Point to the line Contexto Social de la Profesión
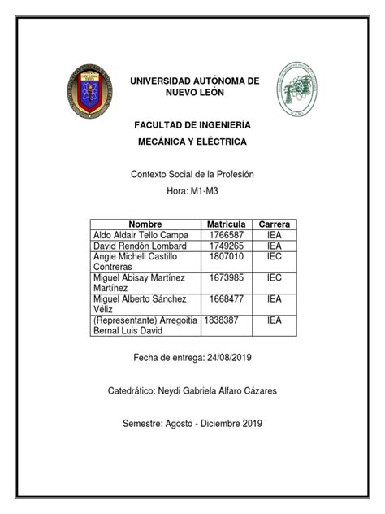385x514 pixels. [192, 174]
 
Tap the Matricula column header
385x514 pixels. [226, 224]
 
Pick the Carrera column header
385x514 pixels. [275, 224]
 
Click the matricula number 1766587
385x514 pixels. [226, 234]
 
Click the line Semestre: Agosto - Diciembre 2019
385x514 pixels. [192, 424]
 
